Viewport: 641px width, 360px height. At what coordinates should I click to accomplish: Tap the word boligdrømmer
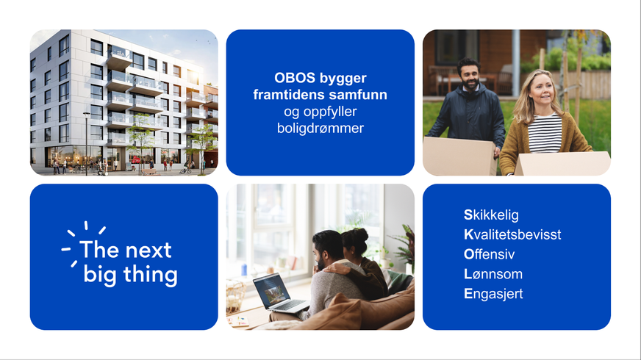pyautogui.click(x=320, y=129)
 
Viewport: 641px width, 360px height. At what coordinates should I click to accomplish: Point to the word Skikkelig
pyautogui.click(x=491, y=215)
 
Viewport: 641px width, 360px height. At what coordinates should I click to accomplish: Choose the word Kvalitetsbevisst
pyautogui.click(x=512, y=234)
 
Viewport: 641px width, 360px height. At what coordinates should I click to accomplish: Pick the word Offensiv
pyautogui.click(x=489, y=254)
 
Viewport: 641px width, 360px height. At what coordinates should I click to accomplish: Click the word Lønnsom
pyautogui.click(x=493, y=274)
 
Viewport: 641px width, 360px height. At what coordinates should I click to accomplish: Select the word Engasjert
pyautogui.click(x=493, y=294)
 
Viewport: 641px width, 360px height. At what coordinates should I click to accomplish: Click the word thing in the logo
pyautogui.click(x=151, y=275)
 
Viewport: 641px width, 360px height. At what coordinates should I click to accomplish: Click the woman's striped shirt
pyautogui.click(x=545, y=134)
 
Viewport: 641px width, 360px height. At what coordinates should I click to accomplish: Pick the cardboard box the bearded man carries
pyautogui.click(x=460, y=156)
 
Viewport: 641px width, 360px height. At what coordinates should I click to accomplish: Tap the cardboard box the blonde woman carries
pyautogui.click(x=562, y=163)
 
